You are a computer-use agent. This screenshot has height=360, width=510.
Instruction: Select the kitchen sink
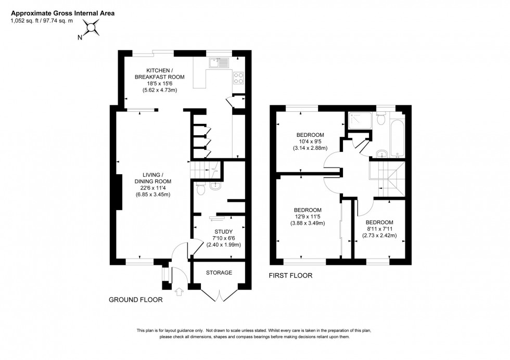219,63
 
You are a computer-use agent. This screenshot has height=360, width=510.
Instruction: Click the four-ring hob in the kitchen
239,78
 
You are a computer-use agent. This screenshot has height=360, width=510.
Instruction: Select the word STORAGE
219,273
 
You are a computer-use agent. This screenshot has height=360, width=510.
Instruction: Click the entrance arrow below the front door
180,292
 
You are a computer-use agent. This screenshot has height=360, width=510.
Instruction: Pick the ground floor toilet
200,189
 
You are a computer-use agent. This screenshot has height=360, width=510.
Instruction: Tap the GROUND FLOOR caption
135,300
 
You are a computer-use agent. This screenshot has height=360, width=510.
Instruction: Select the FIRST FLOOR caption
290,276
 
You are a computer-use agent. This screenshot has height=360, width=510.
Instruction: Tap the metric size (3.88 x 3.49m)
307,223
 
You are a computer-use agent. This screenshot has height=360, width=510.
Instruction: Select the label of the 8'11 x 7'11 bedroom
379,221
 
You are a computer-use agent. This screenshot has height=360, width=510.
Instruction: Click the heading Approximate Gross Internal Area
62,12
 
